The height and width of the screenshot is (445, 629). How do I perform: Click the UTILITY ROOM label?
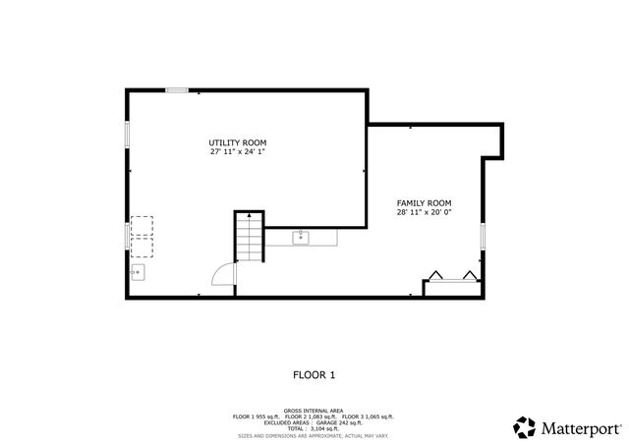(237, 142)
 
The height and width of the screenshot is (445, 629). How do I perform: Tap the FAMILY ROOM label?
(425, 202)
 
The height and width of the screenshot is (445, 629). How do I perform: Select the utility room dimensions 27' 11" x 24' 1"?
(237, 152)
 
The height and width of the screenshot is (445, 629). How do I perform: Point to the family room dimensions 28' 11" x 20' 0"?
(425, 212)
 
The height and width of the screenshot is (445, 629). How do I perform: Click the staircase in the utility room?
(250, 238)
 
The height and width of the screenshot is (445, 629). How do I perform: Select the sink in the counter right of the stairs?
(300, 237)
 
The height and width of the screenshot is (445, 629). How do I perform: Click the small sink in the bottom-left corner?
(139, 272)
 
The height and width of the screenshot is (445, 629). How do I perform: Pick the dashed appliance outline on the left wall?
(142, 228)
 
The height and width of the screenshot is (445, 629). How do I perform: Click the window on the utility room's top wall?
(177, 90)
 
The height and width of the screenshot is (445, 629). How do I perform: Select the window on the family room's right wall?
(483, 237)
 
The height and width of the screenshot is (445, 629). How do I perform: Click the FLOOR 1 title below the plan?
(314, 374)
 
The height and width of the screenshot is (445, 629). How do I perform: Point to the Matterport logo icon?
(525, 427)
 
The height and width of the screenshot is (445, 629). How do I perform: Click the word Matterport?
(581, 428)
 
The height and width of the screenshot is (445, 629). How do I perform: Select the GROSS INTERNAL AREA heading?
(314, 411)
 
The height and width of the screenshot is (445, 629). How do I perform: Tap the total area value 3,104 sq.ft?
(325, 428)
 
